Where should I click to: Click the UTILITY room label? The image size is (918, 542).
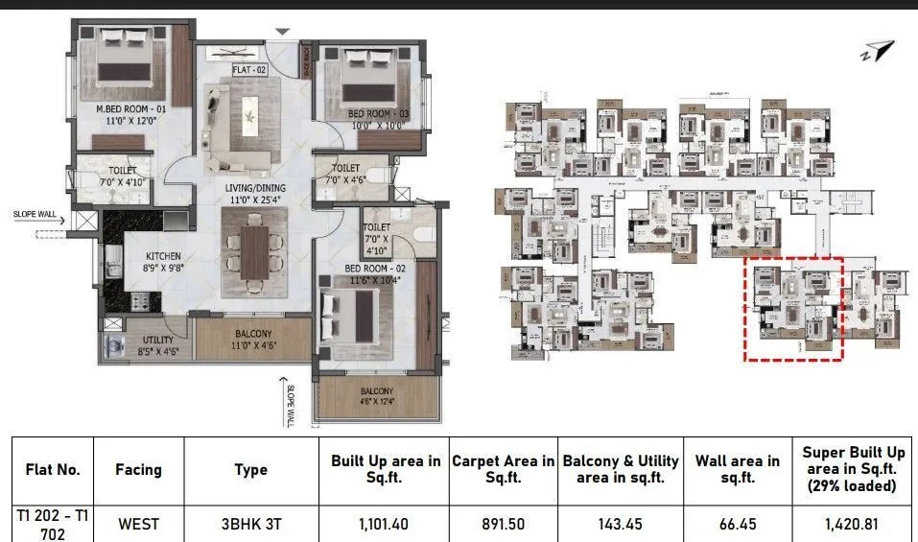[157, 340]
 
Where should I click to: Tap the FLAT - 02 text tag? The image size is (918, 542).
[248, 69]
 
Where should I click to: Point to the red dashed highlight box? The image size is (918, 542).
[794, 308]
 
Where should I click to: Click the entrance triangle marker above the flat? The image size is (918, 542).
[281, 33]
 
